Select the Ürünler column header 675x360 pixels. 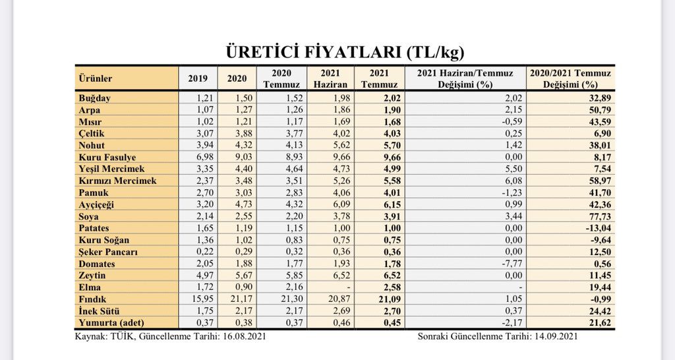96,78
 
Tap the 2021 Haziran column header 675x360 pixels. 330,79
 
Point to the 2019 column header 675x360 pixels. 198,78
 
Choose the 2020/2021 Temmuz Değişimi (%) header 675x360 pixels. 570,79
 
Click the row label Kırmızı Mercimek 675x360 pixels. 117,181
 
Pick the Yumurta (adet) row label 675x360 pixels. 111,322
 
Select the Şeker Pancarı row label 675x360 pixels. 108,252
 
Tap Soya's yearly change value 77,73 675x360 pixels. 600,216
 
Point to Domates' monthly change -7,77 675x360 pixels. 512,264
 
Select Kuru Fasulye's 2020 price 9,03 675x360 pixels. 244,157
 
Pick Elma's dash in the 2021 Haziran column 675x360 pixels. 349,287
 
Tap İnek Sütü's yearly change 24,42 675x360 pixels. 600,311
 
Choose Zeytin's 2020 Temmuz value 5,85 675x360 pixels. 294,275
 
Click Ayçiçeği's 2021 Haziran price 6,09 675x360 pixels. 341,204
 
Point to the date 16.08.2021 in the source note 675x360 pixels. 245,336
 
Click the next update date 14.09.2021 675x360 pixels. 556,336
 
